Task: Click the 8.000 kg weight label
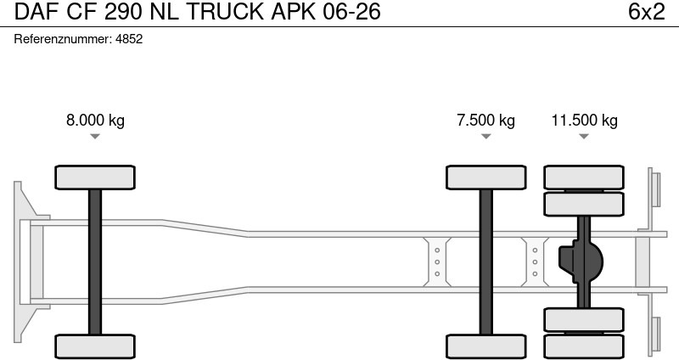pyautogui.click(x=95, y=120)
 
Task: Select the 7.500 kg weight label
pyautogui.click(x=485, y=120)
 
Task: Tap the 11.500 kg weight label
pyautogui.click(x=584, y=120)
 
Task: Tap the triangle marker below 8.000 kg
pyautogui.click(x=95, y=137)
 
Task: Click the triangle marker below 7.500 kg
pyautogui.click(x=485, y=137)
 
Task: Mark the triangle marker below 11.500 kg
pyautogui.click(x=584, y=137)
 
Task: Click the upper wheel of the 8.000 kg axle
pyautogui.click(x=95, y=177)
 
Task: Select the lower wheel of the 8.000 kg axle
pyautogui.click(x=95, y=346)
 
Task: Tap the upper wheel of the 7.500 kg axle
pyautogui.click(x=486, y=177)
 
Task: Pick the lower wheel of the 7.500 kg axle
pyautogui.click(x=486, y=346)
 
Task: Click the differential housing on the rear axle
pyautogui.click(x=581, y=262)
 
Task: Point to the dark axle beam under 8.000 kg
pyautogui.click(x=95, y=262)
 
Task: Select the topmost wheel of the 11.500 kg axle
pyautogui.click(x=584, y=177)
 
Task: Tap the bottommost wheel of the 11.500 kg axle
pyautogui.click(x=584, y=346)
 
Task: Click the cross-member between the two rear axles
pyautogui.click(x=535, y=262)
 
